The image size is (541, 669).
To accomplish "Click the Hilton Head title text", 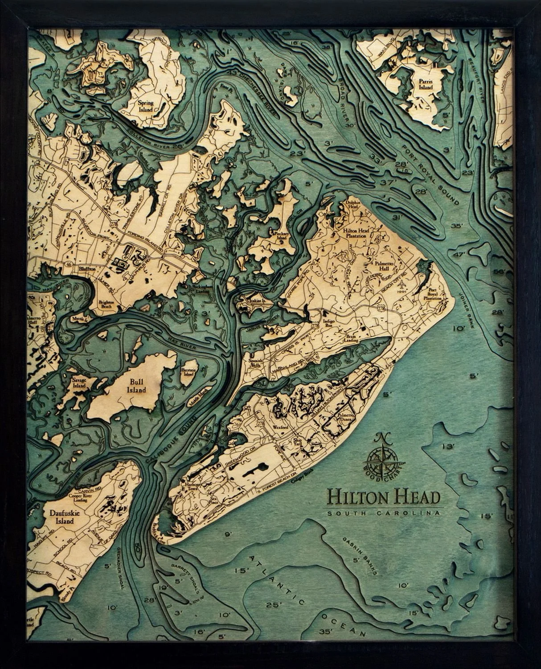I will point(384,496).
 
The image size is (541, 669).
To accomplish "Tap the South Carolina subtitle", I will point(385,513).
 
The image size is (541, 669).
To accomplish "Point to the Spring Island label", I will point(145,106).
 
